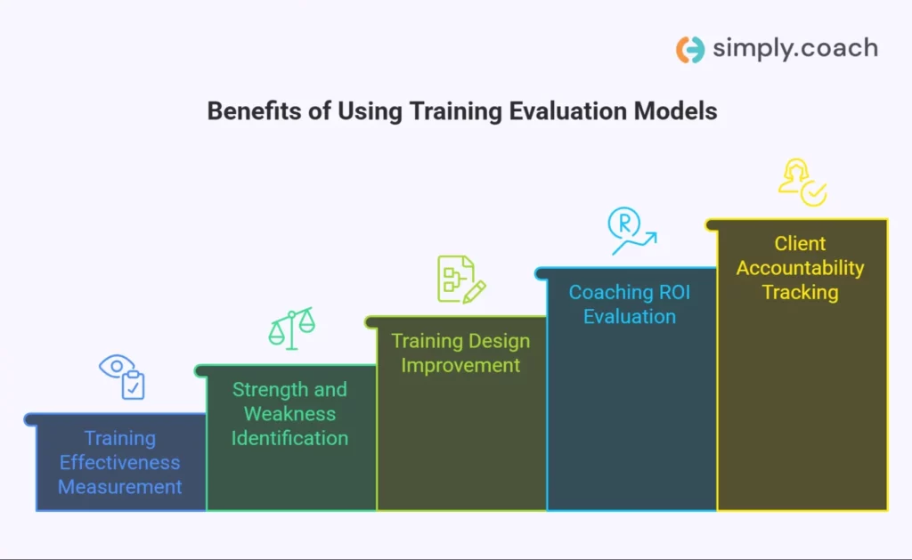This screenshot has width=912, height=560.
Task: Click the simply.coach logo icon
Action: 690,49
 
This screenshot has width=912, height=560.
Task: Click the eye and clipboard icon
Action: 123,377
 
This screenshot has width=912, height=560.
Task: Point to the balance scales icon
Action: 291,328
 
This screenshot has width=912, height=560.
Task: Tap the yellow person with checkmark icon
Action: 802,182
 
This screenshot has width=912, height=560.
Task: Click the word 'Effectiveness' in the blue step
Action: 120,463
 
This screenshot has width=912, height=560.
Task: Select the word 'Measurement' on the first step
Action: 120,487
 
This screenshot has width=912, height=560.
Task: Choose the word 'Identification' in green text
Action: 290,438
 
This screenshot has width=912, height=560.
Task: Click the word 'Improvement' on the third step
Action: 460,365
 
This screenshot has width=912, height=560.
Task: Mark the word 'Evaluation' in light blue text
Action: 630,316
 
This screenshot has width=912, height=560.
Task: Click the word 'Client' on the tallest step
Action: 800,244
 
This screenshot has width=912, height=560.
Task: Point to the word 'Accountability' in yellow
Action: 800,268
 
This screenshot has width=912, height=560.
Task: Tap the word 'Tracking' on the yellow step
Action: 800,292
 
